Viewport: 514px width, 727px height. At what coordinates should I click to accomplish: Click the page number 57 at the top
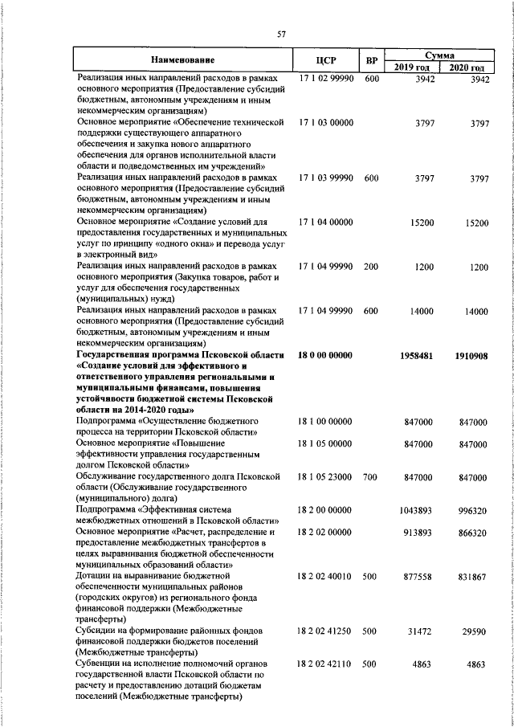click(282, 34)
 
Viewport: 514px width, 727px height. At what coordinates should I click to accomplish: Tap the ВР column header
click(371, 60)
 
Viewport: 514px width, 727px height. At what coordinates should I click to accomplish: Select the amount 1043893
click(418, 510)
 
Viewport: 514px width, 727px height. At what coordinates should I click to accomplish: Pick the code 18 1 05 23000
click(324, 476)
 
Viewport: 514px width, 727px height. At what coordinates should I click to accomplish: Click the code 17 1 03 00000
click(324, 122)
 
